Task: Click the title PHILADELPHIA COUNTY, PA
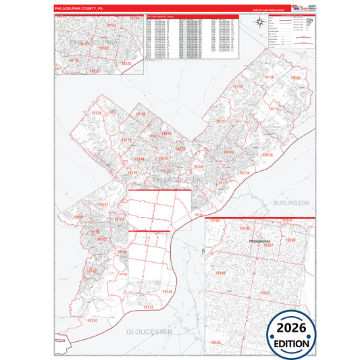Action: tap(79, 9)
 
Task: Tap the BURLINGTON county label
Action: tap(291, 203)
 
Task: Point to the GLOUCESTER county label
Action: tap(149, 332)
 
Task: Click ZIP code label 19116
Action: tap(269, 78)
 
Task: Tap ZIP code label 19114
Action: tap(274, 109)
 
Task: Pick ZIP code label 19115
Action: tap(238, 87)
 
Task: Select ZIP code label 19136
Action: tap(267, 155)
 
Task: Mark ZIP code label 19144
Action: tap(139, 159)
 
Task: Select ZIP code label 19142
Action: tap(92, 272)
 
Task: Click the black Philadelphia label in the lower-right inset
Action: tap(259, 241)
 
